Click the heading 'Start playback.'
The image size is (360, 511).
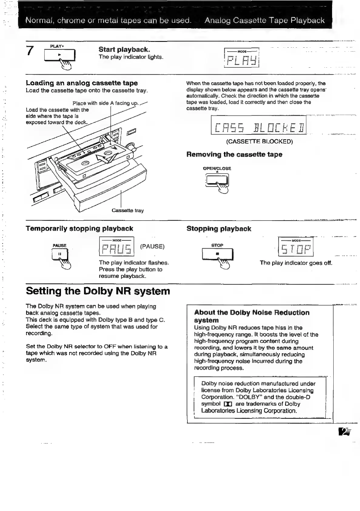[124, 49]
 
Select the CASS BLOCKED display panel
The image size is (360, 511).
[259, 125]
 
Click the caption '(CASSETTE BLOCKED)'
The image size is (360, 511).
[259, 141]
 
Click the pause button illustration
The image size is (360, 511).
[60, 254]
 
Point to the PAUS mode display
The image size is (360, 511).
[116, 246]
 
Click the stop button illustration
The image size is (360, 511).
[217, 254]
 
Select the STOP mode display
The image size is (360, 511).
[296, 247]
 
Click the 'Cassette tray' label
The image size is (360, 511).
[128, 210]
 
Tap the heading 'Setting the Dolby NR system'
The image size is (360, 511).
[98, 291]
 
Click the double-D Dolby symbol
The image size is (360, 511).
[227, 404]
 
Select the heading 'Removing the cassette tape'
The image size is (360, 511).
[234, 154]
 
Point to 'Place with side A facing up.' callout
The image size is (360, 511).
[105, 103]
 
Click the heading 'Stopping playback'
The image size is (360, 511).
[219, 229]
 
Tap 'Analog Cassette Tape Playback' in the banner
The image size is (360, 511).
[264, 20]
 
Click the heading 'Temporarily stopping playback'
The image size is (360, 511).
[79, 228]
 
